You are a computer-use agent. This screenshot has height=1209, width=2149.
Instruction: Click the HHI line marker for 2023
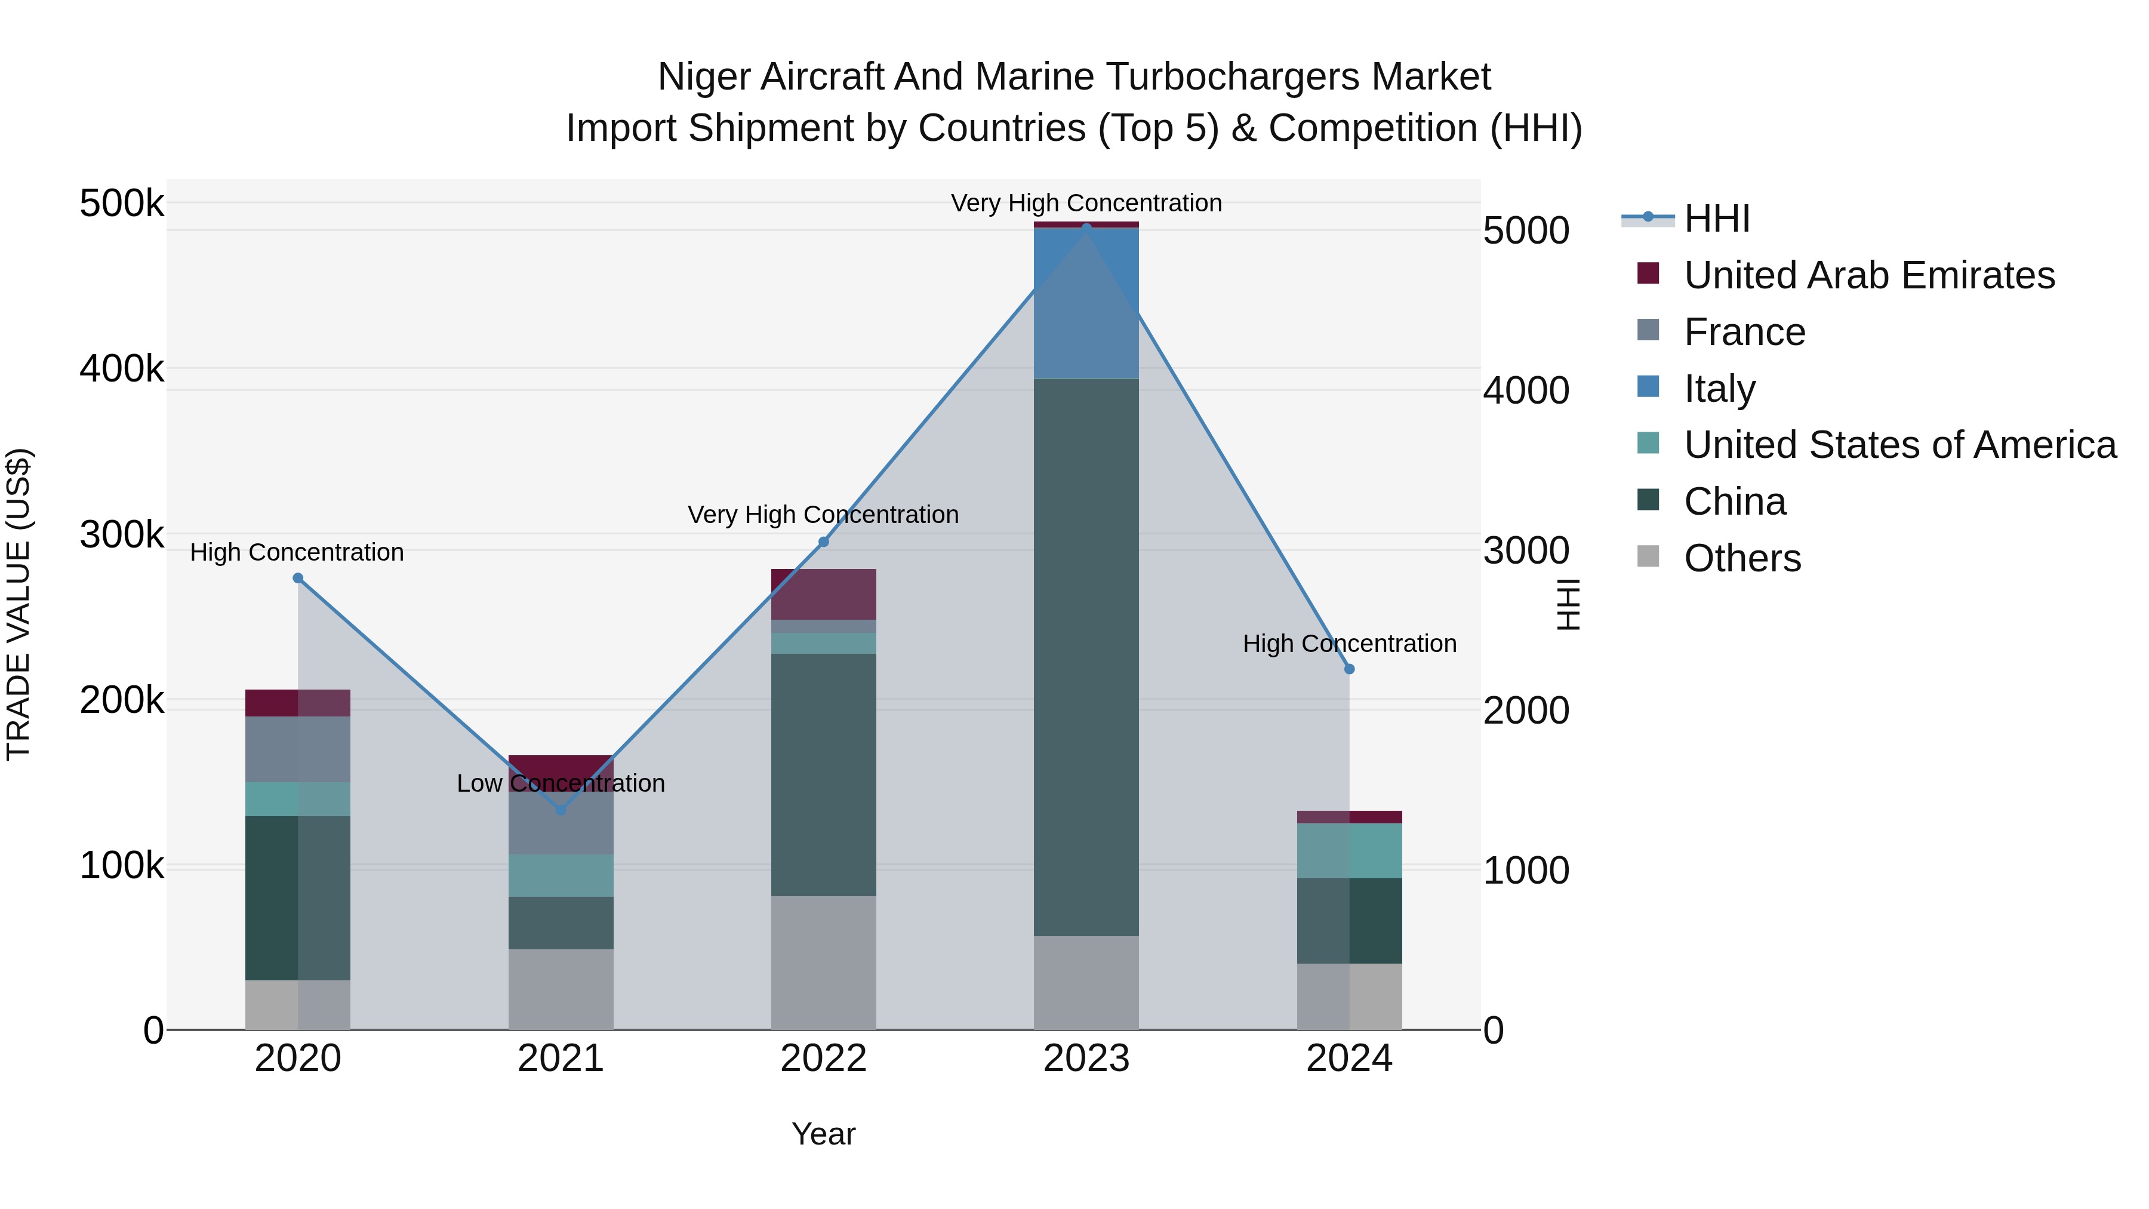point(1086,226)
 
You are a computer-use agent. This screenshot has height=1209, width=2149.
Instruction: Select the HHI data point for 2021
point(561,810)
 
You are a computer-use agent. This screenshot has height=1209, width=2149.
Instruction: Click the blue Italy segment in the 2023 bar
point(1086,303)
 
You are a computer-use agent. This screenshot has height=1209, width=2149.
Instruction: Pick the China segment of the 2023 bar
point(1086,657)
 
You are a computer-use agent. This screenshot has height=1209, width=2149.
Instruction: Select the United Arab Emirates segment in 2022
point(823,594)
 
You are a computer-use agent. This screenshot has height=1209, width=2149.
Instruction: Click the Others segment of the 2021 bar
point(561,989)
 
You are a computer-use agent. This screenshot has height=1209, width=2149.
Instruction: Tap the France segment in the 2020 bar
point(298,749)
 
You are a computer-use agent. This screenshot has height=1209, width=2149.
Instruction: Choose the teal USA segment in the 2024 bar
point(1349,850)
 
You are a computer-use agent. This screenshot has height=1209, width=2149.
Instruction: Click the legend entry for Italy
point(1719,389)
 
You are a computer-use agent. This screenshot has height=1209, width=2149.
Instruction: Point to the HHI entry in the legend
point(1716,219)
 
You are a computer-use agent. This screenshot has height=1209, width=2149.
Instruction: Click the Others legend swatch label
point(1742,558)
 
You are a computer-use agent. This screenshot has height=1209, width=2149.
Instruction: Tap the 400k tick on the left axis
point(122,368)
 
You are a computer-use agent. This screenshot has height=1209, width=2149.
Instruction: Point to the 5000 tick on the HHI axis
point(1526,231)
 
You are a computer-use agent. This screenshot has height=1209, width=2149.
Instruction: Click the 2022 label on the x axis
point(823,1059)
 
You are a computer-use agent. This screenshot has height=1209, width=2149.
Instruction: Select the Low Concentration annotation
point(561,783)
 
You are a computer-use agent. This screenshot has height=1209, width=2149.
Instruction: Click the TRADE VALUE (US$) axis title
point(19,604)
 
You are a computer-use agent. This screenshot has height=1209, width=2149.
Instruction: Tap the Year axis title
point(823,1134)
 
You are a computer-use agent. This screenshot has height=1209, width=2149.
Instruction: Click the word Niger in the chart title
point(703,77)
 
